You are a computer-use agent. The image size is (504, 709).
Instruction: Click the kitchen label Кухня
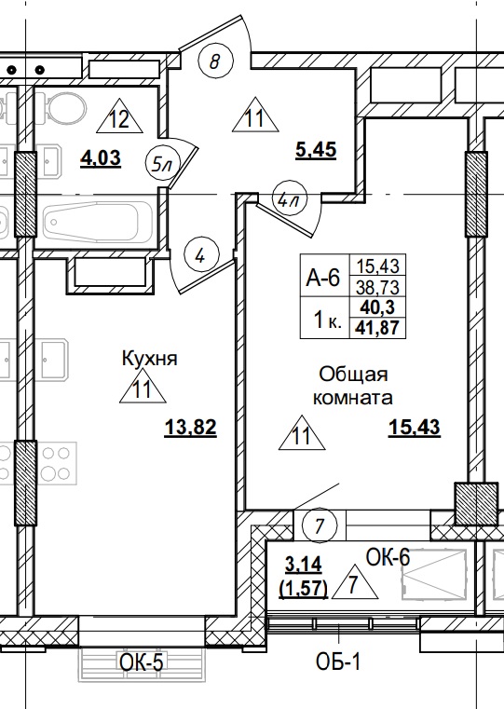(149, 358)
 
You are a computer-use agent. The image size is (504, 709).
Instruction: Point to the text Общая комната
(353, 386)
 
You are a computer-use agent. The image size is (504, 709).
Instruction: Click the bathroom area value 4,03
(101, 157)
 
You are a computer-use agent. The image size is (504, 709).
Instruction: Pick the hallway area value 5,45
(315, 148)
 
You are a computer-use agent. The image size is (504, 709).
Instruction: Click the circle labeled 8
(215, 62)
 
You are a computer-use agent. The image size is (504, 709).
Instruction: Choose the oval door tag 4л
(286, 198)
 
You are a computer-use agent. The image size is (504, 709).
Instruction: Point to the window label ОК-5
(143, 663)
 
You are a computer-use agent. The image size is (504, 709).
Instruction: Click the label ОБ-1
(336, 663)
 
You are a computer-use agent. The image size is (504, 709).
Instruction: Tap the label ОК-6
(388, 557)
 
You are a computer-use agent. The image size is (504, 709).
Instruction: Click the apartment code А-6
(322, 277)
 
